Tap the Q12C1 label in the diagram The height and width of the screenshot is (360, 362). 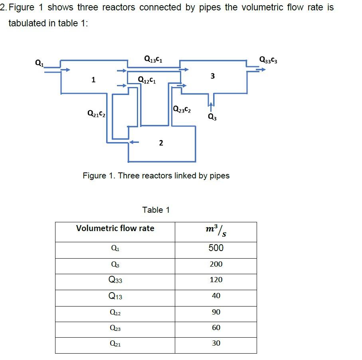tap(146, 79)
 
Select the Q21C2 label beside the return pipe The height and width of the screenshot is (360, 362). tap(96, 114)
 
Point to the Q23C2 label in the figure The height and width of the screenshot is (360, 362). tap(182, 109)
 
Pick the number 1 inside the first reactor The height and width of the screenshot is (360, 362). tap(93, 80)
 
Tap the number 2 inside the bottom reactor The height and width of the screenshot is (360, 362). tap(161, 143)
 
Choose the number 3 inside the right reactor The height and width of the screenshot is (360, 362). tap(213, 76)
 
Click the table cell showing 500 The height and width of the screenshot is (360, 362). tap(216, 248)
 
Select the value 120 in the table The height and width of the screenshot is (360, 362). tap(216, 280)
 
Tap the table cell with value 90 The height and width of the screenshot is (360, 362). tap(216, 312)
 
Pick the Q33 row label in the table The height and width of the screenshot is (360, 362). tap(115, 280)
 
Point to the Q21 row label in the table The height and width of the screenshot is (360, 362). tap(115, 343)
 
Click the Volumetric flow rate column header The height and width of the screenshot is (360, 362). tap(115, 228)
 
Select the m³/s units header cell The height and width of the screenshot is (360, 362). tap(216, 231)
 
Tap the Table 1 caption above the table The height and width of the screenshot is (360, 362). tap(156, 210)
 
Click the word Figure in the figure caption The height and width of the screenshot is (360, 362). tap(94, 176)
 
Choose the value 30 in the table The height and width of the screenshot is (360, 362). tap(216, 343)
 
